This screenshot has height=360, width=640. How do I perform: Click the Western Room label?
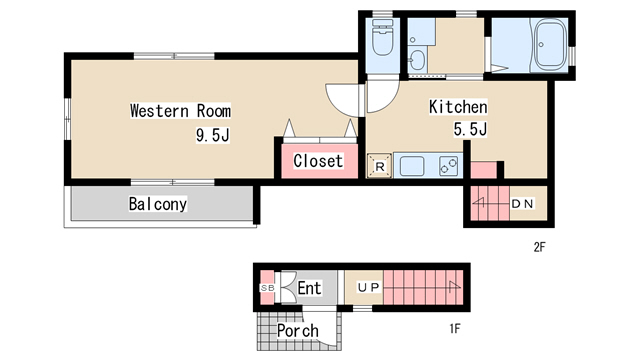tap(180, 111)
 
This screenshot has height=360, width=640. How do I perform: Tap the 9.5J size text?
tap(212, 135)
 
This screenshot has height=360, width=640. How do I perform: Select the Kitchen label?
tap(458, 107)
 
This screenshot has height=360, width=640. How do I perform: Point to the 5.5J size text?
tap(470, 129)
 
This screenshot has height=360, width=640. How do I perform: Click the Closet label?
tap(318, 161)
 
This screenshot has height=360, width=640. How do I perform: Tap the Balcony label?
tap(158, 204)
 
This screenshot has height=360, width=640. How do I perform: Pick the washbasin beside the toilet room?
tap(417, 61)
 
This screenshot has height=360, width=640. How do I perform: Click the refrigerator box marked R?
tap(380, 166)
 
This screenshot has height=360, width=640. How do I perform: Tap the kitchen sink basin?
tap(412, 166)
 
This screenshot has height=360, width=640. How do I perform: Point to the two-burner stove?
tap(449, 166)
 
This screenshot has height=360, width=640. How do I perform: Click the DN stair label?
tap(523, 204)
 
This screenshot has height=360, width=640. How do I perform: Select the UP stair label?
tap(369, 288)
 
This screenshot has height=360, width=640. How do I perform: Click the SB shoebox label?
tap(268, 288)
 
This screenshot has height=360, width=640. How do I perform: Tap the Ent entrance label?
tap(309, 288)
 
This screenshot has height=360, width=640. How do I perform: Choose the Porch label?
tap(298, 331)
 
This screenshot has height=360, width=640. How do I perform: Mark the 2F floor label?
tap(540, 247)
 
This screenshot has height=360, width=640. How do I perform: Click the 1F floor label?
tap(455, 329)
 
